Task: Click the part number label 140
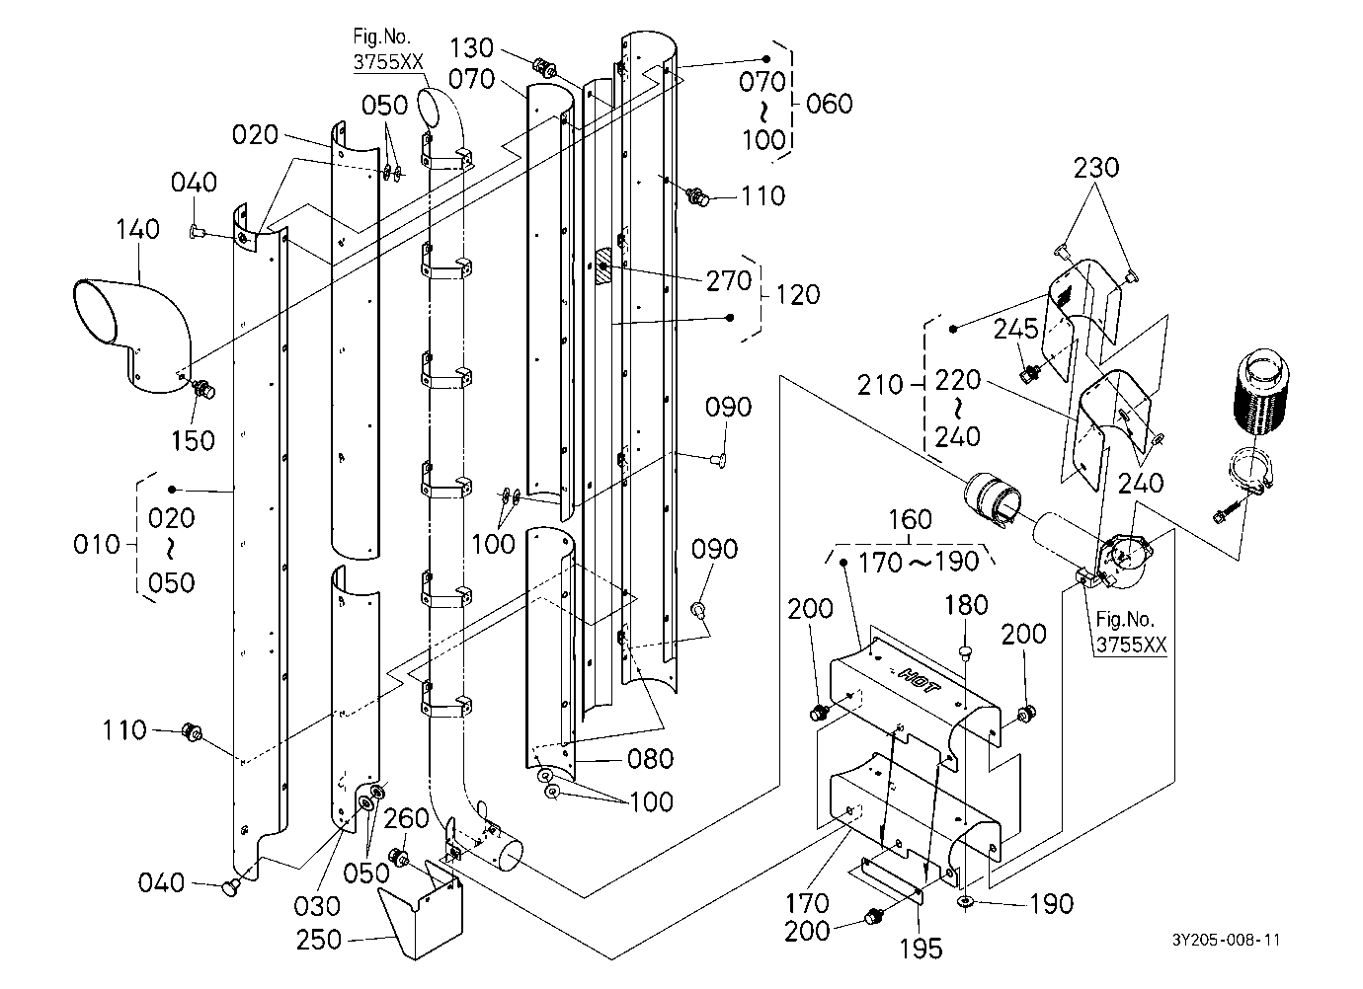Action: [137, 229]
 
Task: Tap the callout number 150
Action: [193, 441]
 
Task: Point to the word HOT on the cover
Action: [920, 681]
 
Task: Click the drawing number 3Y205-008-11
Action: [1226, 940]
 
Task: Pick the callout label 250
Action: [319, 940]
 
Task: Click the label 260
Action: [407, 818]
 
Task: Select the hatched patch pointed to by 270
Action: [603, 266]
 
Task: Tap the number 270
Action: [729, 281]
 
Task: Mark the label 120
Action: [798, 295]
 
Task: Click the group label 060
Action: [830, 104]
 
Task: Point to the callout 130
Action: [472, 47]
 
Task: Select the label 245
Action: [1016, 329]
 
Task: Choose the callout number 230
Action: [1096, 167]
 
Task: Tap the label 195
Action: [922, 949]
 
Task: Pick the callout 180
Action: [966, 605]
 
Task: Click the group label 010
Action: [96, 544]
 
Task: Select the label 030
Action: [316, 906]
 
